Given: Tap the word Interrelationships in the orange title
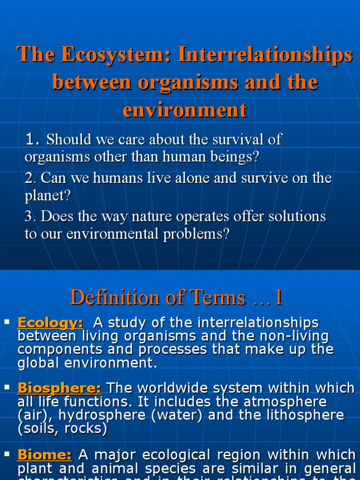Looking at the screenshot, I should [264, 55].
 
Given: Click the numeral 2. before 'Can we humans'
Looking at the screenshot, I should [31, 178].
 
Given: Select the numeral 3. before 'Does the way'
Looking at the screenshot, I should [31, 217].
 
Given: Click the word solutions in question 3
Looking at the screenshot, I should [295, 217].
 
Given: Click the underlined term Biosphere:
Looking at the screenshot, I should [59, 388].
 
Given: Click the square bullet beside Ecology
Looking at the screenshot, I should [7, 322].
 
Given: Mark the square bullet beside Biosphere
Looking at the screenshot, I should [7, 387].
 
